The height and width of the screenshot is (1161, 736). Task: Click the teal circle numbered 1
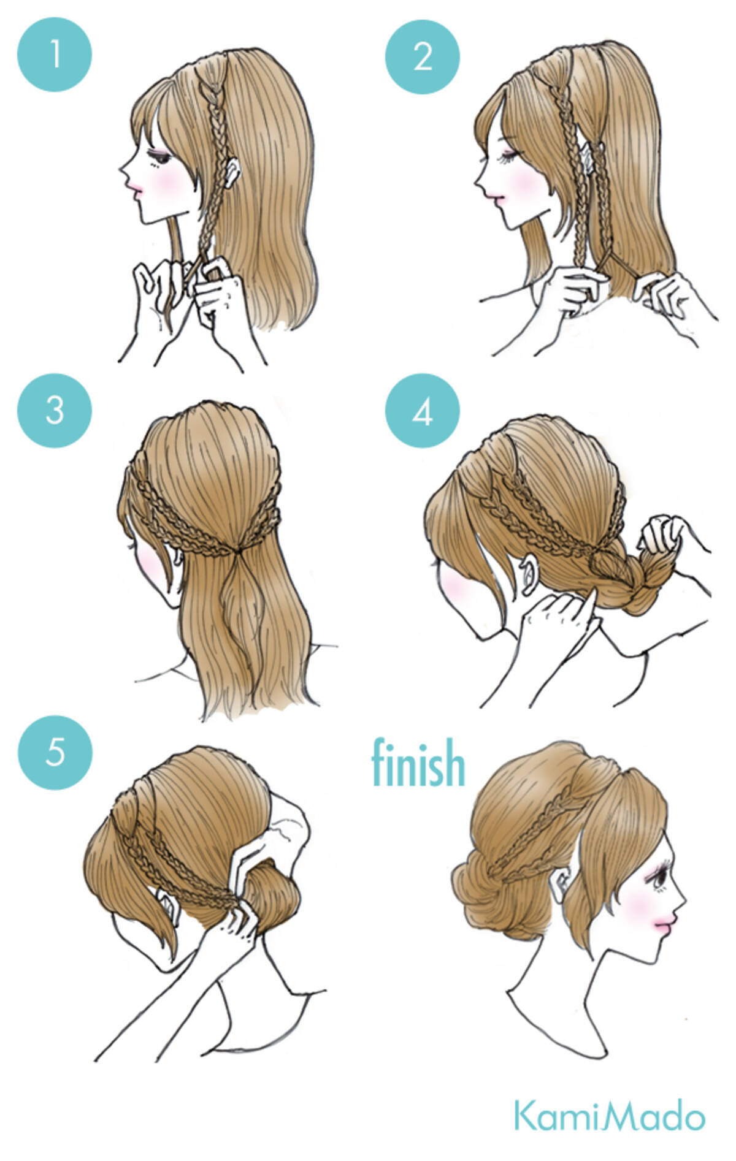click(55, 55)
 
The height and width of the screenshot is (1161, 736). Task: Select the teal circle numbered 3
click(55, 410)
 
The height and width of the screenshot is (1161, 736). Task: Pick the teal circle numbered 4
click(423, 411)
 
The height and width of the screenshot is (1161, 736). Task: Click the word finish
click(418, 763)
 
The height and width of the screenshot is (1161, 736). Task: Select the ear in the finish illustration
click(561, 883)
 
